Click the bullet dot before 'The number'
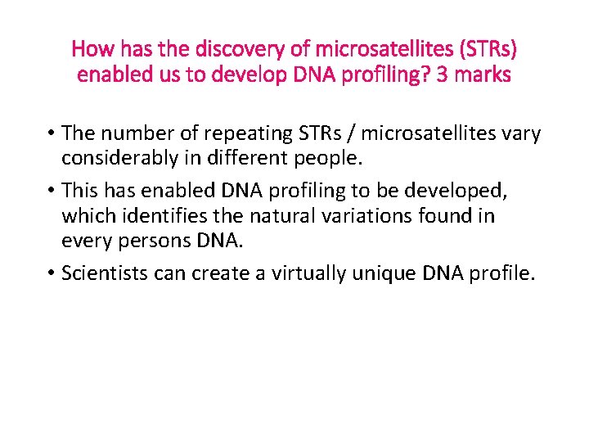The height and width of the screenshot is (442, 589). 51,133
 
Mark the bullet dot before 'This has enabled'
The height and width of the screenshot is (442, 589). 51,191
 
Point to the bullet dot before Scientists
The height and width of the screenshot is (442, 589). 51,273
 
